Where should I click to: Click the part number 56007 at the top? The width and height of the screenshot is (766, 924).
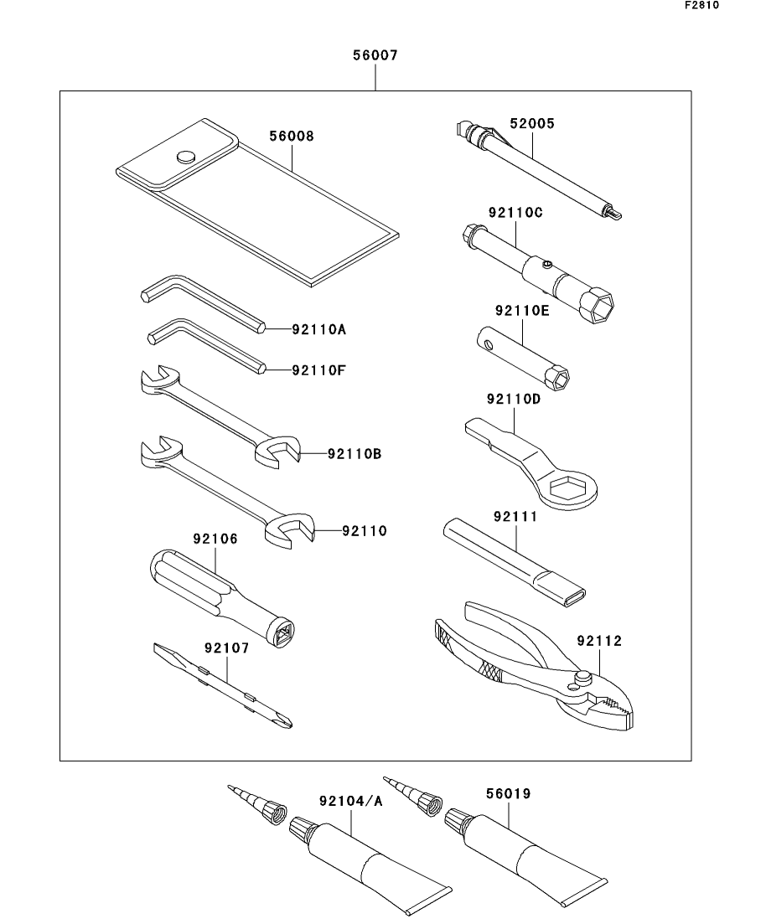pyautogui.click(x=375, y=55)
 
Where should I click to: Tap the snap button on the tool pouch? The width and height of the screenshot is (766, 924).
pyautogui.click(x=186, y=156)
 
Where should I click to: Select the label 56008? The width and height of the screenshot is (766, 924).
pyautogui.click(x=292, y=136)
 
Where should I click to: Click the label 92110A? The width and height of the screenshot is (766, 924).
pyautogui.click(x=319, y=329)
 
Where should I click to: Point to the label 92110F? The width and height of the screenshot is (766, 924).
pyautogui.click(x=319, y=370)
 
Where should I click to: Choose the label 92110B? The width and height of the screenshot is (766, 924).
pyautogui.click(x=355, y=454)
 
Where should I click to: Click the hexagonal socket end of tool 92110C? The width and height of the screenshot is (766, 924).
pyautogui.click(x=597, y=302)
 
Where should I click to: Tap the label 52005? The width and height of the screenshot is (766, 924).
pyautogui.click(x=532, y=124)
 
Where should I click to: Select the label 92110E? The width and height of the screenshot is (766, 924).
pyautogui.click(x=522, y=311)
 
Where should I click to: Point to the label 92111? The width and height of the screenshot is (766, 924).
pyautogui.click(x=516, y=517)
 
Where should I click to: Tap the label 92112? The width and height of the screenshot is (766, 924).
pyautogui.click(x=599, y=641)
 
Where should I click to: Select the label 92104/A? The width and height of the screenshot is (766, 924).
pyautogui.click(x=351, y=801)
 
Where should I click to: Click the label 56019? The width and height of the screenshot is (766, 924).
pyautogui.click(x=509, y=794)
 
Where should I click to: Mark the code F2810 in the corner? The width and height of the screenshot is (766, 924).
pyautogui.click(x=701, y=5)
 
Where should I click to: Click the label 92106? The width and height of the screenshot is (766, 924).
pyautogui.click(x=215, y=539)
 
